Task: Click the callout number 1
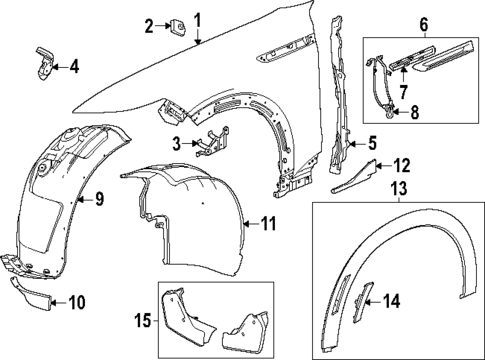(x=198, y=20)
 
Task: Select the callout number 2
(x=149, y=25)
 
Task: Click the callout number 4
(x=73, y=67)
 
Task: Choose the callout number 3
(x=176, y=145)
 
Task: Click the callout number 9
(x=98, y=199)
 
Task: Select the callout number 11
(x=268, y=224)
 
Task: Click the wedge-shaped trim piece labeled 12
(x=357, y=177)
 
